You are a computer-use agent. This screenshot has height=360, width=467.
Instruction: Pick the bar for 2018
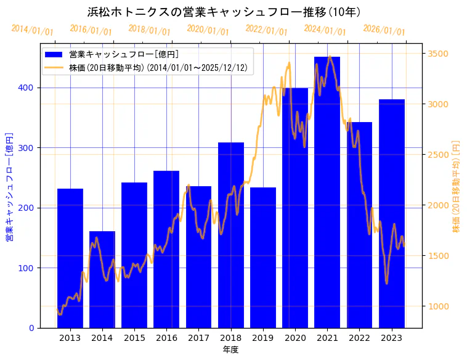[x=231, y=235]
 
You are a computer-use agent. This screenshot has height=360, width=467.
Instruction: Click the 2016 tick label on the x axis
[x=166, y=338]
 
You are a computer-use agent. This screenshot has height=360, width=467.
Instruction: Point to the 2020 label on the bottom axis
[x=295, y=338]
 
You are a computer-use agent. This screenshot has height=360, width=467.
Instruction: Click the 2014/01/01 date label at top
[x=32, y=30]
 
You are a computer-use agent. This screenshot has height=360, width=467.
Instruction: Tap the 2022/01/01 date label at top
[x=266, y=30]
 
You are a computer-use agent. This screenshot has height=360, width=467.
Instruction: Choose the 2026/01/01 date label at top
[x=384, y=30]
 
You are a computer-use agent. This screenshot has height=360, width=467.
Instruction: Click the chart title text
[x=224, y=12]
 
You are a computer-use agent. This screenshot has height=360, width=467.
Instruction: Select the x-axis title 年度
[x=231, y=350]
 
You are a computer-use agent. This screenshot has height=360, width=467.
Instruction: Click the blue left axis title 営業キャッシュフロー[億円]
[x=10, y=186]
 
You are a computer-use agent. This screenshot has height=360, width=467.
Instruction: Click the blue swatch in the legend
[x=54, y=54]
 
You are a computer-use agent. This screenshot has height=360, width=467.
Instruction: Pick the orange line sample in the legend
[x=54, y=68]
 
